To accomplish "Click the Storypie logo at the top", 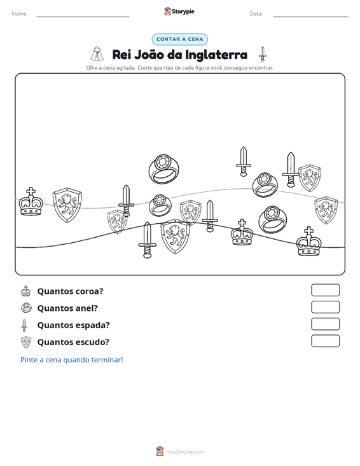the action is [x=179, y=11].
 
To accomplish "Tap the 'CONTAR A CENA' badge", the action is [x=180, y=39].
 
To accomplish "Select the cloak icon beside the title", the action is [x=97, y=54].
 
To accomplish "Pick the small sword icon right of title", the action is [x=262, y=54].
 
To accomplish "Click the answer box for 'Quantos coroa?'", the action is [x=325, y=290].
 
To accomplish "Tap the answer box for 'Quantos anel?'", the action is [x=325, y=307].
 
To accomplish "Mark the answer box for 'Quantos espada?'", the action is [x=325, y=324].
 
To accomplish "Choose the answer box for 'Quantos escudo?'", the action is [x=325, y=341].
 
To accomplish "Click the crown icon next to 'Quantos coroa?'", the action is [x=26, y=291].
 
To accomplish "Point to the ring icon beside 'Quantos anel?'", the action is [x=26, y=308].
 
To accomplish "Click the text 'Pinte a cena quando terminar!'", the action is [x=72, y=360].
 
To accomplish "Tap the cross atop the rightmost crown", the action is [x=309, y=231].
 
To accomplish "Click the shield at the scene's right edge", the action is [x=326, y=210].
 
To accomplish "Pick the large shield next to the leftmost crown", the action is [x=67, y=205].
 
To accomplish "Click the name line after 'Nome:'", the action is [x=83, y=17].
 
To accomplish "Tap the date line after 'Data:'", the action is [x=310, y=17].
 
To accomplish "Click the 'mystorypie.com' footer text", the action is [x=185, y=452].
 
